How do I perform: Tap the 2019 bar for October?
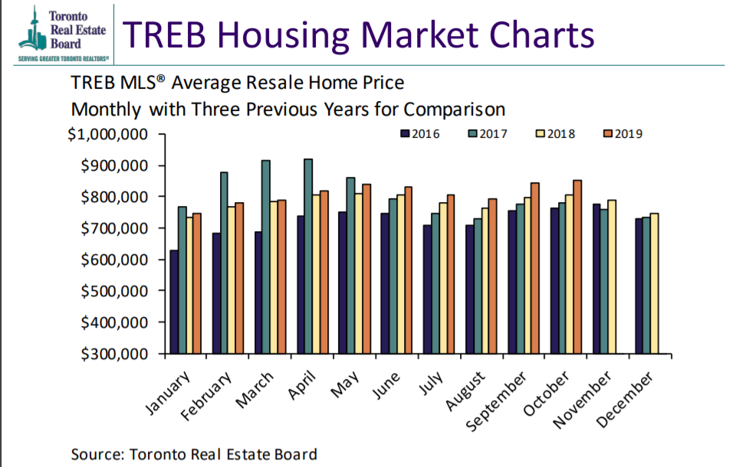577,267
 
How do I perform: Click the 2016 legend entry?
419,133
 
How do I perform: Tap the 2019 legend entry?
622,133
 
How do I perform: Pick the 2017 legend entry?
487,133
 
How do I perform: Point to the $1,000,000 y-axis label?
107,134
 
